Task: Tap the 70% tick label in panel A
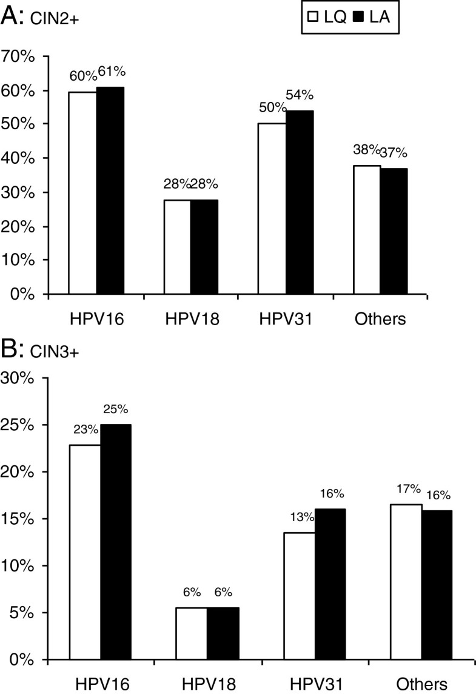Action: pos(20,57)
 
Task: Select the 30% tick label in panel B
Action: pos(20,379)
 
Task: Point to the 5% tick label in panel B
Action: pos(24,613)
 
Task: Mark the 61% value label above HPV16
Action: pos(113,73)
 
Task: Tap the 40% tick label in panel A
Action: pos(20,159)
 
